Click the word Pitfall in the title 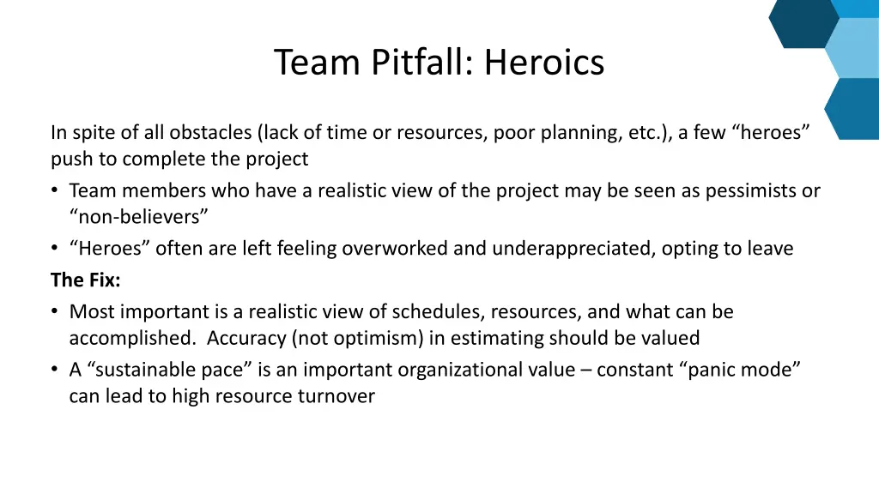click(x=422, y=63)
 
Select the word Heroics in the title click(x=543, y=63)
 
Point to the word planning click(x=573, y=132)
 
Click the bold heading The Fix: click(x=86, y=280)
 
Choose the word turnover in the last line click(x=338, y=396)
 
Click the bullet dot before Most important click(x=56, y=311)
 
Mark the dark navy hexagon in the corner click(x=803, y=21)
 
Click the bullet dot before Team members click(x=56, y=190)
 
